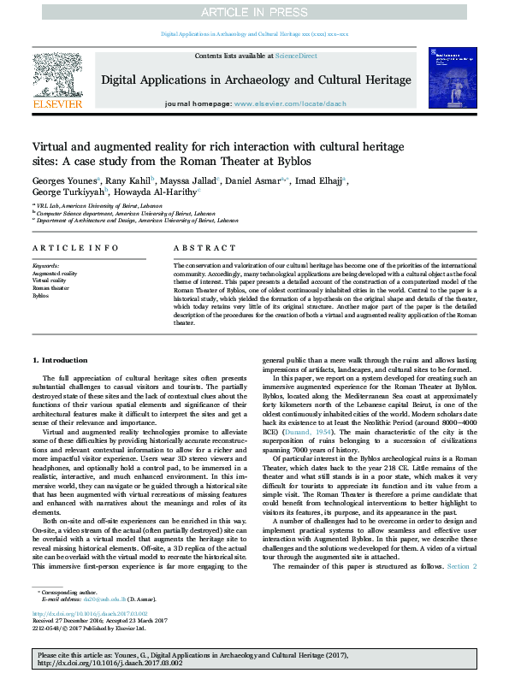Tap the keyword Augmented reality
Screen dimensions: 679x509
pos(55,274)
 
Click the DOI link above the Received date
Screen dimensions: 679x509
pos(91,612)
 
